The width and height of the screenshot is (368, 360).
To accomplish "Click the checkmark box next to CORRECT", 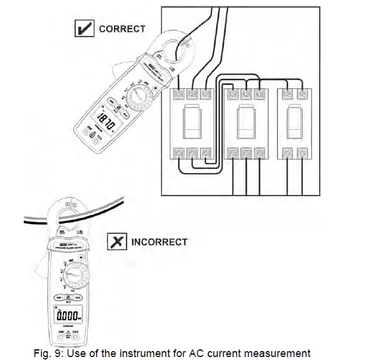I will pos(84,28).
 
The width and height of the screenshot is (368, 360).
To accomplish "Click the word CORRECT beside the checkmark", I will pos(122,28).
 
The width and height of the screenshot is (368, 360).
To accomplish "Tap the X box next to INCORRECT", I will pos(116,241).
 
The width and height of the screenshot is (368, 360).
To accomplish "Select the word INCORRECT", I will pos(159,242).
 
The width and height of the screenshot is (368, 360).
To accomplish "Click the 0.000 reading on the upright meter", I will pos(67,314).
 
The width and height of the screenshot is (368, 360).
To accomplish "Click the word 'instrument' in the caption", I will pos(149,353).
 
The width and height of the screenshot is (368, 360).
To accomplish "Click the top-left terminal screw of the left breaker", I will pos(179,94).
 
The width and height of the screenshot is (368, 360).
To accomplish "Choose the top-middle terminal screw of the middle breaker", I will pos(246,94).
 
